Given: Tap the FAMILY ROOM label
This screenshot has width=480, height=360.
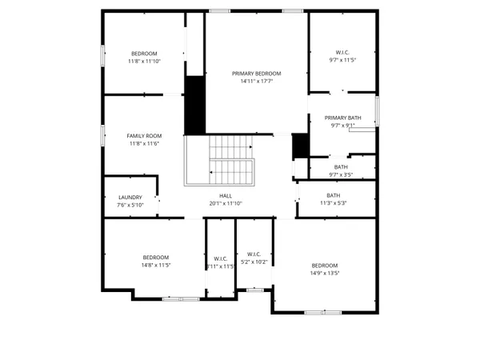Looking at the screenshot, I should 144,135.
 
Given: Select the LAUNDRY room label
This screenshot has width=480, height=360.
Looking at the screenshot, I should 130,197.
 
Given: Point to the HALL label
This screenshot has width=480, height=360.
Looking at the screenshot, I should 226,195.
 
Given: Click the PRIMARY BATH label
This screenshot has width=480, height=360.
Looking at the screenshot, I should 342,118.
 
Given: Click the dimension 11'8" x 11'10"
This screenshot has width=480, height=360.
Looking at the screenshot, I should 144,61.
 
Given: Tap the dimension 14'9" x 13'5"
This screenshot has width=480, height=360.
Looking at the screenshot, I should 325,273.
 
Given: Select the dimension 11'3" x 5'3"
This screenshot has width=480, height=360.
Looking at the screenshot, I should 333,203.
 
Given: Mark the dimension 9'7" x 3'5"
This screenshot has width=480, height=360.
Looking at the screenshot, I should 341,174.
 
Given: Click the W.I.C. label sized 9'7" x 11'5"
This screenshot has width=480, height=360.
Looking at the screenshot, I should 342,52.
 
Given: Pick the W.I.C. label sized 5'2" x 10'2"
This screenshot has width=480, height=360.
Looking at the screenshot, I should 254,254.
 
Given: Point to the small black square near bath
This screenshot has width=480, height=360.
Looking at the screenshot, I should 300,146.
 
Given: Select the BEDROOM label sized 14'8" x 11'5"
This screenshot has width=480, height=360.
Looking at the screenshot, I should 156,257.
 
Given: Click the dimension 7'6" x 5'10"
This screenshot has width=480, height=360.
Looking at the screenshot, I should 130,205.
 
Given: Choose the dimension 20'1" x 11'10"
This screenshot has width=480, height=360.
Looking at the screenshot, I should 226,203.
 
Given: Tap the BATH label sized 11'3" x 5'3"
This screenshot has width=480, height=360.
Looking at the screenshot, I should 333,195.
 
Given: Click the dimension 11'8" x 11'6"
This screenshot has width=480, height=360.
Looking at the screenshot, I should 144,143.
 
